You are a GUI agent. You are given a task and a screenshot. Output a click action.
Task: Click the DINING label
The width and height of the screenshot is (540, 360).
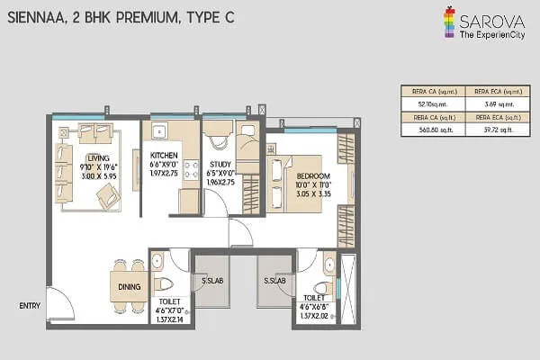point(129,286)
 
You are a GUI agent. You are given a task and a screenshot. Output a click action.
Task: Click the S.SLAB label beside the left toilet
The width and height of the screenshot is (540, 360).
point(211,282)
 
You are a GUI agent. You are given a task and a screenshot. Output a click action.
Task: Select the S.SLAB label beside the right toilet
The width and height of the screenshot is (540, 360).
point(274,282)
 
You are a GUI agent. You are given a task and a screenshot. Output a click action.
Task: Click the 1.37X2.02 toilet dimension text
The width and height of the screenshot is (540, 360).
point(317,316)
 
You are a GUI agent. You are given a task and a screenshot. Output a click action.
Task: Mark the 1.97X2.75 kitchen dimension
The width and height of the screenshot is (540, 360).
point(166,181)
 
